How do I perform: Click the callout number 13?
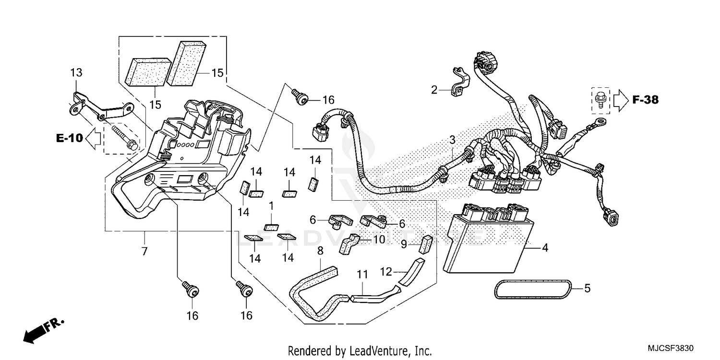[x=76, y=73]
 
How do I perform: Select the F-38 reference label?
[x=645, y=100]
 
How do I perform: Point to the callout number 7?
[x=144, y=251]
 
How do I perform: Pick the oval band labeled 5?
[x=533, y=288]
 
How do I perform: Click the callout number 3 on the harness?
[x=452, y=140]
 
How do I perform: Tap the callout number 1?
[x=271, y=205]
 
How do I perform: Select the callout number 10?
[x=379, y=239]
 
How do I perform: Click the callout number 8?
[x=321, y=250]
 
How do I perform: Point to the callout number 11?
[x=362, y=275]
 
